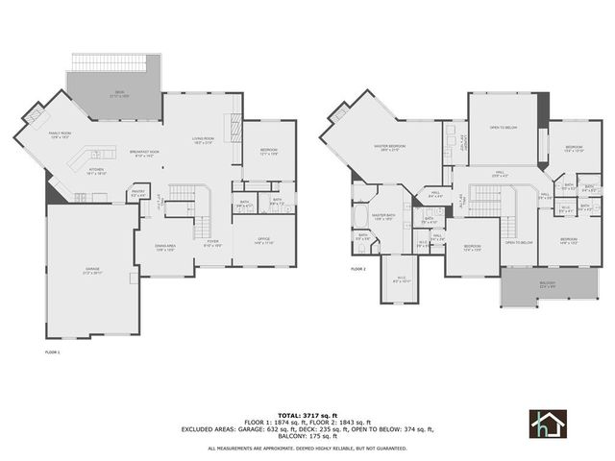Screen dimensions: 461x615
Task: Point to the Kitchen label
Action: [x=96, y=172]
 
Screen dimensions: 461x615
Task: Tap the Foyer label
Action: [x=212, y=244]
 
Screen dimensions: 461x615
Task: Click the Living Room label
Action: [x=203, y=140]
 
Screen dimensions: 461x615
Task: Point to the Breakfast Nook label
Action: [x=145, y=153]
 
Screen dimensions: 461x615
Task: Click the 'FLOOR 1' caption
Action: [x=53, y=352]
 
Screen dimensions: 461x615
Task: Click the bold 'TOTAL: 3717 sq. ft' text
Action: [x=307, y=408]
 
